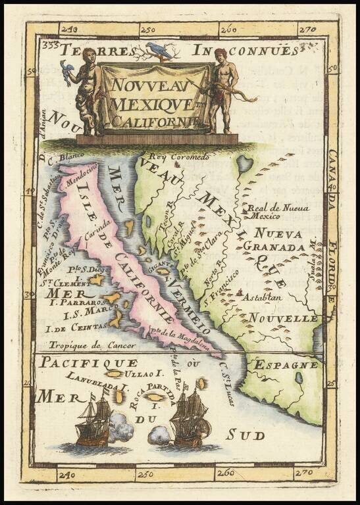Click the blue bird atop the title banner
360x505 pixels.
[159, 51]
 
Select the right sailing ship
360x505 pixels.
[190, 417]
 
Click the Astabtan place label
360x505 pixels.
[263, 297]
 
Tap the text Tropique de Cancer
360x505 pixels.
[92, 345]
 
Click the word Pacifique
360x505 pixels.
[88, 362]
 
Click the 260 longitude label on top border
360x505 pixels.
[228, 30]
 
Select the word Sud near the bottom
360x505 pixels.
[245, 435]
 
